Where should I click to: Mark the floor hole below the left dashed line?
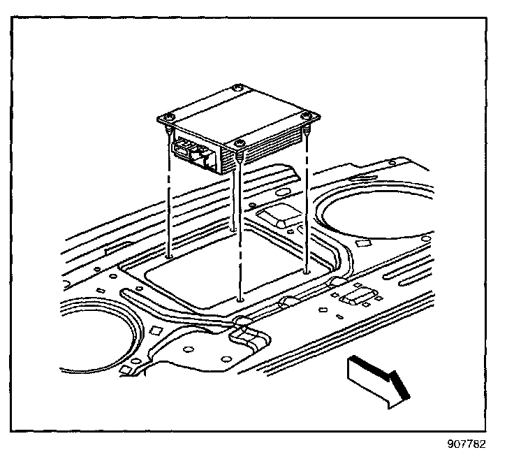pos(170,256)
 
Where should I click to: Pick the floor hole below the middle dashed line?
pos(240,299)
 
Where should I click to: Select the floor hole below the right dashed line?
pos(306,270)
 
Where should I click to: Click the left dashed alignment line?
pos(170,203)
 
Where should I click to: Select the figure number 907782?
pos(466,444)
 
